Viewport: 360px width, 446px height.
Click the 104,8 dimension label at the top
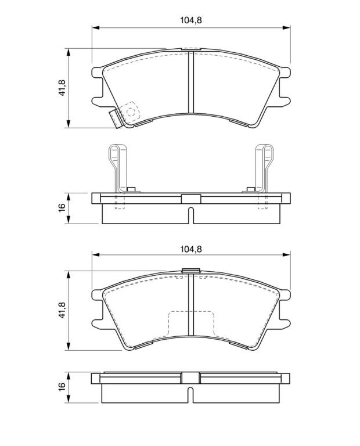191,20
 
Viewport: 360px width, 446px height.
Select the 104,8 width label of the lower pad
191,249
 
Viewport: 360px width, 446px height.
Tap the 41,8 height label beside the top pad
62,88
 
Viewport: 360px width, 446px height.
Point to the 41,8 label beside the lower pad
62,310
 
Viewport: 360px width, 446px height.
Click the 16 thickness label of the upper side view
62,207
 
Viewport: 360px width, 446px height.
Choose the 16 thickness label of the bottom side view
62,386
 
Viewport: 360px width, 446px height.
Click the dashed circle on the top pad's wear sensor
131,111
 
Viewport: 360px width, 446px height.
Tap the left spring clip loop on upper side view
117,168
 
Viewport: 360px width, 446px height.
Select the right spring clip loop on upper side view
264,168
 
